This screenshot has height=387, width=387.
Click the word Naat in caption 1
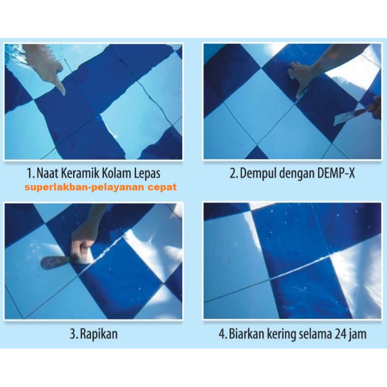coord(48,173)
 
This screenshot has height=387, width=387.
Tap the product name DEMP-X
coord(336,173)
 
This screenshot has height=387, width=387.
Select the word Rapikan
coord(99,334)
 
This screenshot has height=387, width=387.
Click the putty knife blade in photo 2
coord(344,118)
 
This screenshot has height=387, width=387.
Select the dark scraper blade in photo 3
coord(55,262)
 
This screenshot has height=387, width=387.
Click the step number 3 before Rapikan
coord(73,334)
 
